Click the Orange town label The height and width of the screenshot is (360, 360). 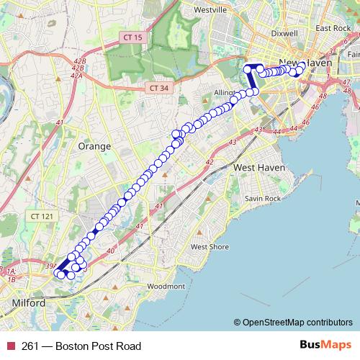[94, 146]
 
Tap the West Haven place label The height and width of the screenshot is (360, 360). [260, 167]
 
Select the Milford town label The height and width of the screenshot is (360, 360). [29, 303]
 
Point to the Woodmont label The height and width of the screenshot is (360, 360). [166, 286]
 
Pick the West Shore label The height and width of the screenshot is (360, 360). [210, 247]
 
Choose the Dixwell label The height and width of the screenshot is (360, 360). [285, 33]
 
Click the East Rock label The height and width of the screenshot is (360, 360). [332, 28]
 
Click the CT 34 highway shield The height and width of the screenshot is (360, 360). [161, 87]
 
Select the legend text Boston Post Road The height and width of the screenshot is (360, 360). [94, 346]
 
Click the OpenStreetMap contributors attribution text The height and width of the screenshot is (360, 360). [297, 323]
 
